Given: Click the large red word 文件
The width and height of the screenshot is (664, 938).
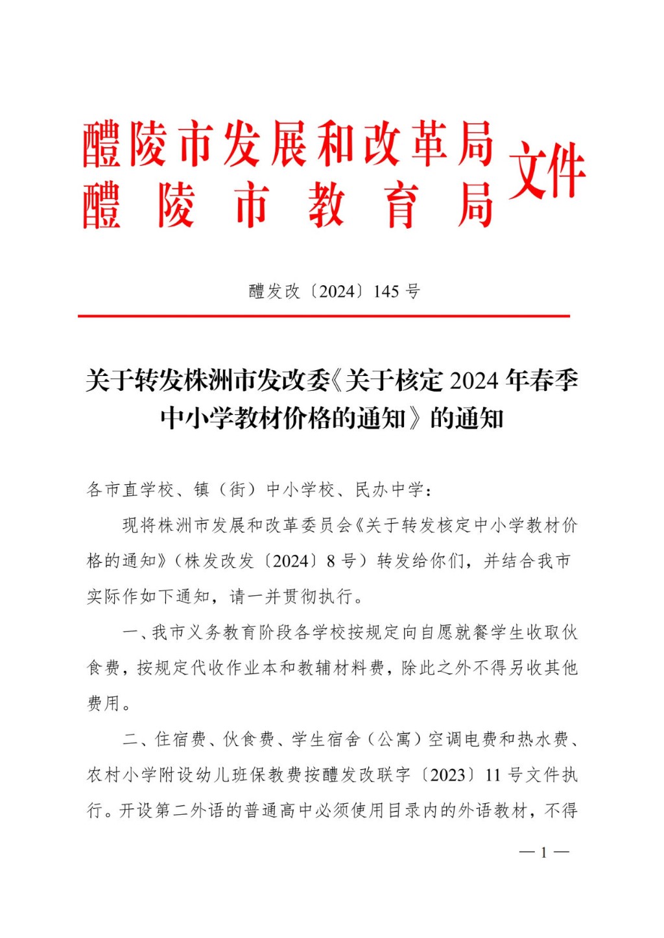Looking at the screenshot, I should pyautogui.click(x=547, y=171).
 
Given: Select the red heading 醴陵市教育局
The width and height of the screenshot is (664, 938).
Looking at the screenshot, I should pyautogui.click(x=289, y=205).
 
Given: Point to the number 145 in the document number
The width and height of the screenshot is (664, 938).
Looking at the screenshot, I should pyautogui.click(x=386, y=292).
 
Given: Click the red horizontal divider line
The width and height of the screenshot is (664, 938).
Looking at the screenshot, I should pyautogui.click(x=324, y=316).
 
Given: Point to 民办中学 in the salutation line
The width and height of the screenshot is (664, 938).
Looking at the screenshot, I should pyautogui.click(x=389, y=489).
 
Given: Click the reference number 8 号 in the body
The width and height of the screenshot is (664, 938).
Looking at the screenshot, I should pyautogui.click(x=341, y=561).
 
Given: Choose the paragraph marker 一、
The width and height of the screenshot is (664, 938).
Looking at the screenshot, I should pyautogui.click(x=132, y=632).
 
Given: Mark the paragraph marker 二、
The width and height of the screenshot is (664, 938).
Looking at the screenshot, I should pyautogui.click(x=132, y=739).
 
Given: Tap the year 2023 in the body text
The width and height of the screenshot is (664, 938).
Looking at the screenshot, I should pyautogui.click(x=447, y=775).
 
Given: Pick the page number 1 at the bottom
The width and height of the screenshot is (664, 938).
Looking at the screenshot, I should pyautogui.click(x=544, y=852).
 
